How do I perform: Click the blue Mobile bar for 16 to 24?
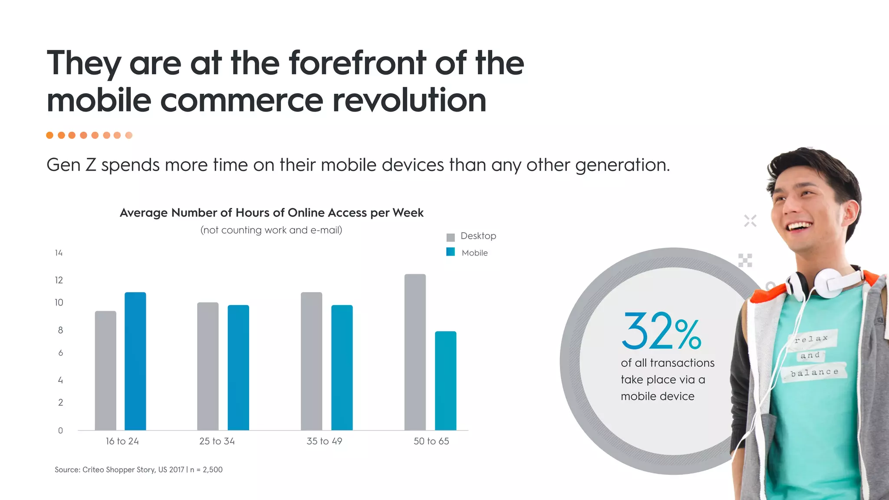(135, 361)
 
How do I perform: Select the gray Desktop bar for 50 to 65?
(415, 352)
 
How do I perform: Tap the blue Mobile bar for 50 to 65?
(445, 381)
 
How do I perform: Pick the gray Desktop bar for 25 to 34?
(207, 366)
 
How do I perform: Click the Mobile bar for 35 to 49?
(342, 368)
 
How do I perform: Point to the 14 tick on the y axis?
(59, 253)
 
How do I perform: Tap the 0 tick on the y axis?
(60, 431)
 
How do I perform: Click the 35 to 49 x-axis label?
(324, 441)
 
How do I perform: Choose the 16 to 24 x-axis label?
(122, 441)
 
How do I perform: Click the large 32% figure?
(661, 332)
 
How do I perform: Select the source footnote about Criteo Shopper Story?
(138, 470)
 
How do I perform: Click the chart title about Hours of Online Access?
(271, 213)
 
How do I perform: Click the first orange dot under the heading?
(50, 135)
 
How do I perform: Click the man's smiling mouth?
(800, 226)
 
